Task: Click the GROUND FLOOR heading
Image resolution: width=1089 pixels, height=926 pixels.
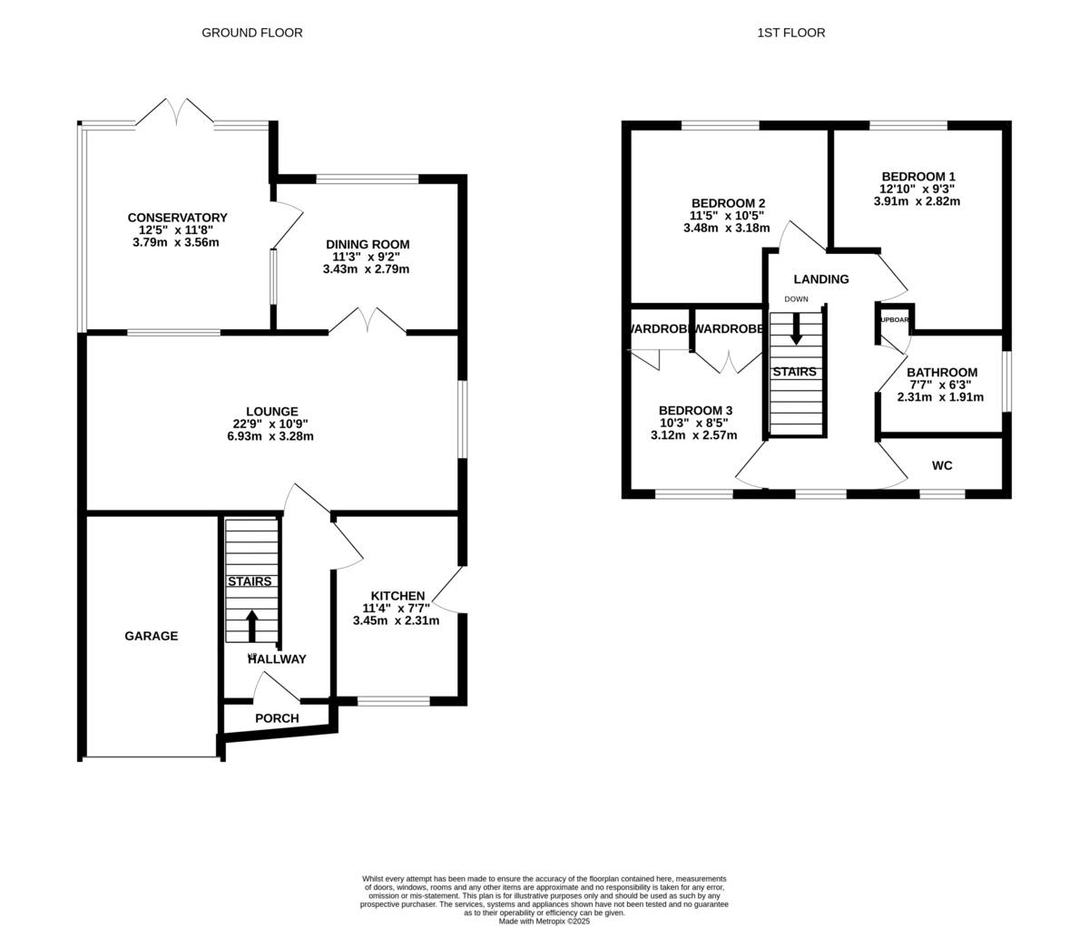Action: pyautogui.click(x=251, y=33)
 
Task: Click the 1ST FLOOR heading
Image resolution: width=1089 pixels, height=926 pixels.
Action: pyautogui.click(x=791, y=33)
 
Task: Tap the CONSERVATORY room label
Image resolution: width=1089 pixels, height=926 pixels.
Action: pyautogui.click(x=177, y=218)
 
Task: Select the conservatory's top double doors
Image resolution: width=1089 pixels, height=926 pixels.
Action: pyautogui.click(x=175, y=113)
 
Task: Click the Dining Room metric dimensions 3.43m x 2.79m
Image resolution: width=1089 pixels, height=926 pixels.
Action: pyautogui.click(x=368, y=269)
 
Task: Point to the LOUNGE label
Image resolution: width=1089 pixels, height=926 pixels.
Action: pyautogui.click(x=272, y=412)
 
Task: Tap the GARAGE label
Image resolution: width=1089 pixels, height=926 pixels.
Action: pyautogui.click(x=152, y=636)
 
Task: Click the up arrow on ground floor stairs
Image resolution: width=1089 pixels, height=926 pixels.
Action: pyautogui.click(x=252, y=626)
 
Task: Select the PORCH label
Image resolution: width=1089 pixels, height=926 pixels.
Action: pyautogui.click(x=277, y=718)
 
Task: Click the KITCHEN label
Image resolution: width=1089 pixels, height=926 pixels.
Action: pyautogui.click(x=397, y=596)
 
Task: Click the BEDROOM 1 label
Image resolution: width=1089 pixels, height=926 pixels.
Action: pyautogui.click(x=917, y=177)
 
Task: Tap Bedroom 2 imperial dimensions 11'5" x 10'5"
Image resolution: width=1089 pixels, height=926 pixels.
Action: pyautogui.click(x=727, y=216)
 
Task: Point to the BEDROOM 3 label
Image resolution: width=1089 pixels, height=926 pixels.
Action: pyautogui.click(x=695, y=411)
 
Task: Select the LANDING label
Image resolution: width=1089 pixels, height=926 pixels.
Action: pyautogui.click(x=821, y=279)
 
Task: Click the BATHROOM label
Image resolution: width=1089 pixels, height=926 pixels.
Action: pyautogui.click(x=942, y=373)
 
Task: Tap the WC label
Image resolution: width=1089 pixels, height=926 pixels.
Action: pyautogui.click(x=942, y=465)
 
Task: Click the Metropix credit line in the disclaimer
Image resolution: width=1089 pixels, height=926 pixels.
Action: pyautogui.click(x=544, y=921)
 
